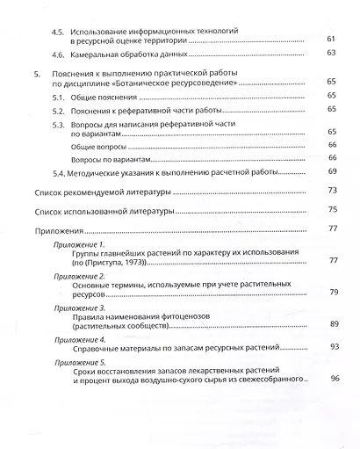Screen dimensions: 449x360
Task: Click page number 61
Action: pos(331,40)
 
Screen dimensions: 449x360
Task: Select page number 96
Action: pos(334,380)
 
